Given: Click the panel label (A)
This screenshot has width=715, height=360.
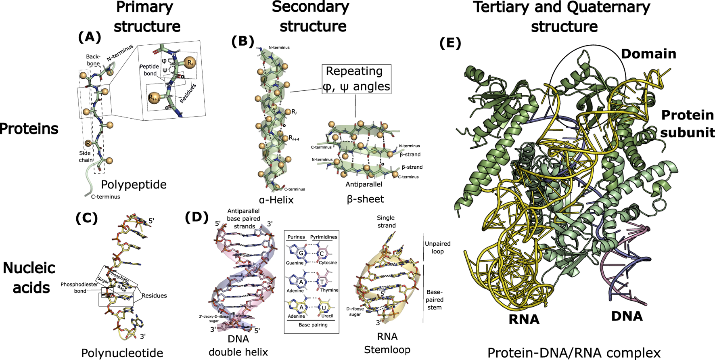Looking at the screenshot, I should (89, 37).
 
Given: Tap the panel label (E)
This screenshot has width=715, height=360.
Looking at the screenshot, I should (450, 43).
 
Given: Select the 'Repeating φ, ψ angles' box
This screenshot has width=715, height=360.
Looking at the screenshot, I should (356, 79).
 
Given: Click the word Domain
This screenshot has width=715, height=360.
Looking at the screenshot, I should (648, 54).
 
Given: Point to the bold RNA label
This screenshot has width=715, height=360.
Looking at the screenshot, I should (524, 319).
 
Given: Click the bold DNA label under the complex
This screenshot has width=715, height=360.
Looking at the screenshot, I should (627, 316).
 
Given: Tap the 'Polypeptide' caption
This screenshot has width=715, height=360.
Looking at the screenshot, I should (134, 184).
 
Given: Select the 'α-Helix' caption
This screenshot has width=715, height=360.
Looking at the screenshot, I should (276, 200).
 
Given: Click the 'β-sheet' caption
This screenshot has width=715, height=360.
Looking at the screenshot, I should (365, 199).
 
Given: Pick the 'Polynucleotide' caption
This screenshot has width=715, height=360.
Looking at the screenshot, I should (122, 353).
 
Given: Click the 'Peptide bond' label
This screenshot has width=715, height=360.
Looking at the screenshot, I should (149, 70).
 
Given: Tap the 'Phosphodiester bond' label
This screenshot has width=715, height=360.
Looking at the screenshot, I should (79, 287).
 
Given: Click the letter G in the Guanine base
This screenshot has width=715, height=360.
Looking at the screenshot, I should (301, 253).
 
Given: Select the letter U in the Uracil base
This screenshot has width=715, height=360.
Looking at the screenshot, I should (323, 308).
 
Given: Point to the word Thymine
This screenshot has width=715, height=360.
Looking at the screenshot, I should (329, 290).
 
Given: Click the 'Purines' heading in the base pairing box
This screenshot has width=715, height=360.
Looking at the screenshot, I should (296, 237).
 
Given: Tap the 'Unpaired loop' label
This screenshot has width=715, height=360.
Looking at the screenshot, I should (437, 247).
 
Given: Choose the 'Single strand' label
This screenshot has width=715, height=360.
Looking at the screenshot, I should (386, 222).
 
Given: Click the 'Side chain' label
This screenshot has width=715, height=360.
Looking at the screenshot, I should (86, 157).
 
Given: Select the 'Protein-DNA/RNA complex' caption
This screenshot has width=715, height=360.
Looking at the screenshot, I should (574, 353).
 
